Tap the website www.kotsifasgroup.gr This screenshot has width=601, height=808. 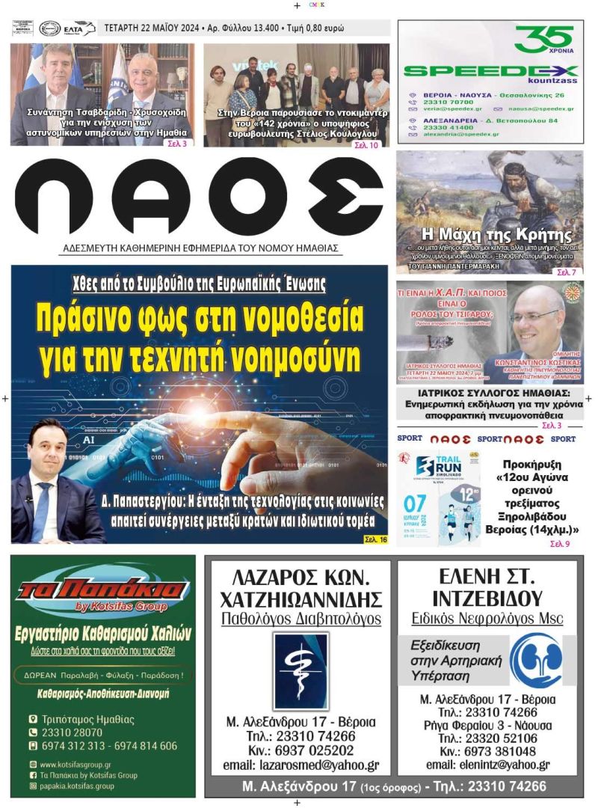[x=75, y=765]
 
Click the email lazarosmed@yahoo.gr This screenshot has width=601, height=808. [x=300, y=765]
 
